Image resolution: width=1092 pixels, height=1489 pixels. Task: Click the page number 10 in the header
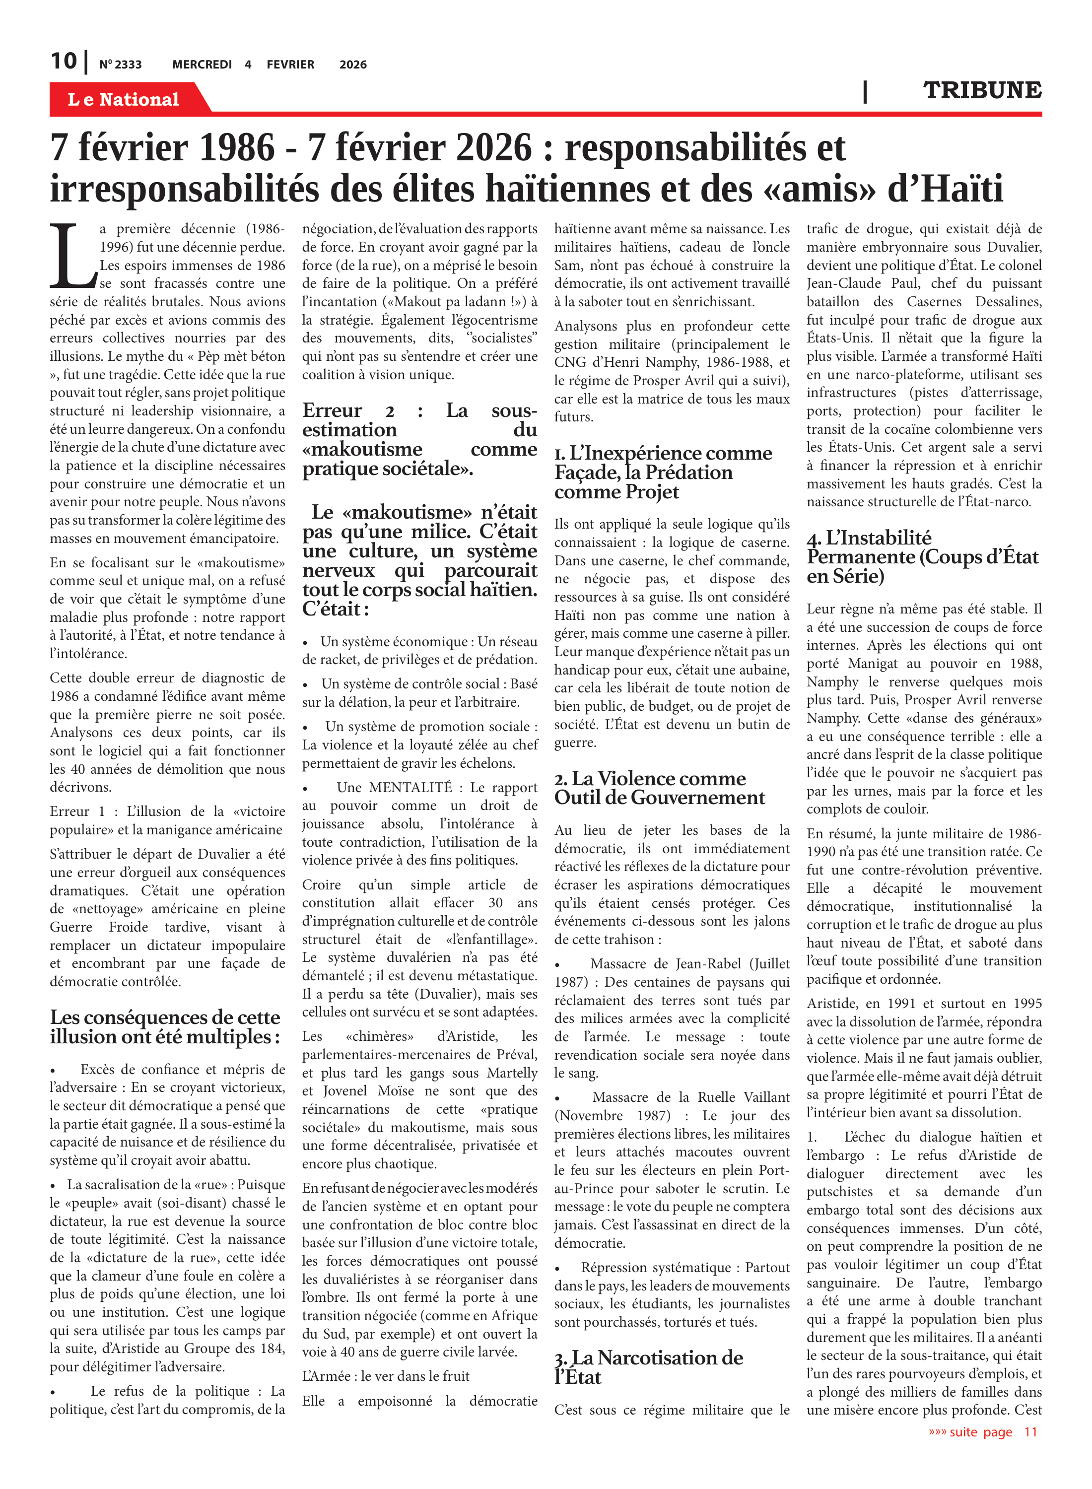pyautogui.click(x=64, y=62)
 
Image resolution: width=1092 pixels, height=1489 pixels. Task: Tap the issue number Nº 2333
pyautogui.click(x=120, y=65)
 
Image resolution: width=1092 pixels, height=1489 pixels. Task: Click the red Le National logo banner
pyautogui.click(x=124, y=99)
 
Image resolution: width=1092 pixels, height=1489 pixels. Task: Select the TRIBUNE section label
pyautogui.click(x=982, y=90)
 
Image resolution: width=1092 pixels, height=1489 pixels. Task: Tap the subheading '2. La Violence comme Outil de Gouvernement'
pyautogui.click(x=659, y=788)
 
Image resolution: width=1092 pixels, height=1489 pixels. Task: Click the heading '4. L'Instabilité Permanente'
pyautogui.click(x=922, y=556)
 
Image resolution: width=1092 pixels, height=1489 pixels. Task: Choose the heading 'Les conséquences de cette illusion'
pyautogui.click(x=165, y=1026)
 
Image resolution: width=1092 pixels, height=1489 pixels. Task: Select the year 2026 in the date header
pyautogui.click(x=352, y=65)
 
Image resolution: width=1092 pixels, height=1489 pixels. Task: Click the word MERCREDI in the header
pyautogui.click(x=202, y=65)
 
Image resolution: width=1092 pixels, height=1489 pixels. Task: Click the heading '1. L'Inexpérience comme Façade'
pyautogui.click(x=663, y=472)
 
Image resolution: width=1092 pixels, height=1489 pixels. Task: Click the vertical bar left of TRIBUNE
pyautogui.click(x=865, y=91)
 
